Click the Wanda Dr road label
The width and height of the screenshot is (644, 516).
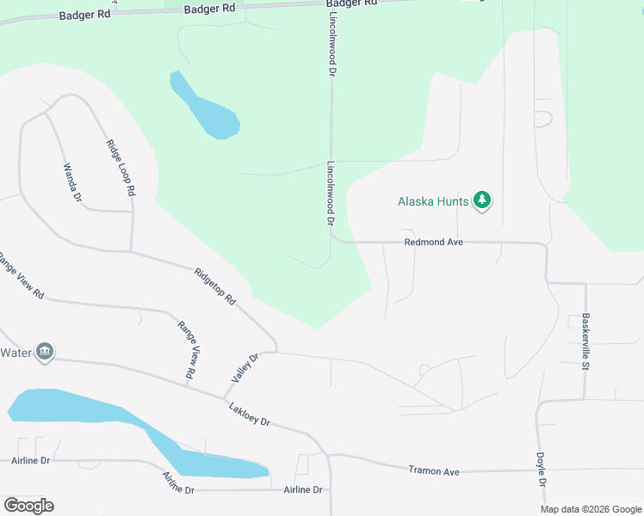pos(71,183)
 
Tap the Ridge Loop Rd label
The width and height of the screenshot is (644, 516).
pos(121,169)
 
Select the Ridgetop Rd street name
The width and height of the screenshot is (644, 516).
pos(215,286)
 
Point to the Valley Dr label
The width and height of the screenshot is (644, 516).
pos(245,369)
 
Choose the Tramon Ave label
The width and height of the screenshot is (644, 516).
pos(434,471)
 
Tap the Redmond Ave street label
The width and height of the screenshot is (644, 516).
pos(434,243)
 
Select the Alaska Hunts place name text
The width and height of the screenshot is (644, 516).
pos(433,202)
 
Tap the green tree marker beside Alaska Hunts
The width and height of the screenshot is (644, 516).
pos(482,202)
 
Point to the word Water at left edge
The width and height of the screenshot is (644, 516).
pos(15,353)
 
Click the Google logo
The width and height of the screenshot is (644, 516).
pos(28,505)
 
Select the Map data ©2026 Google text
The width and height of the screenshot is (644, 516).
pos(590,509)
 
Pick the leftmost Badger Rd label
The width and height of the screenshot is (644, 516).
pos(84,15)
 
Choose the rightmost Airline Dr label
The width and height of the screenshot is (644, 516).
pos(302,489)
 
